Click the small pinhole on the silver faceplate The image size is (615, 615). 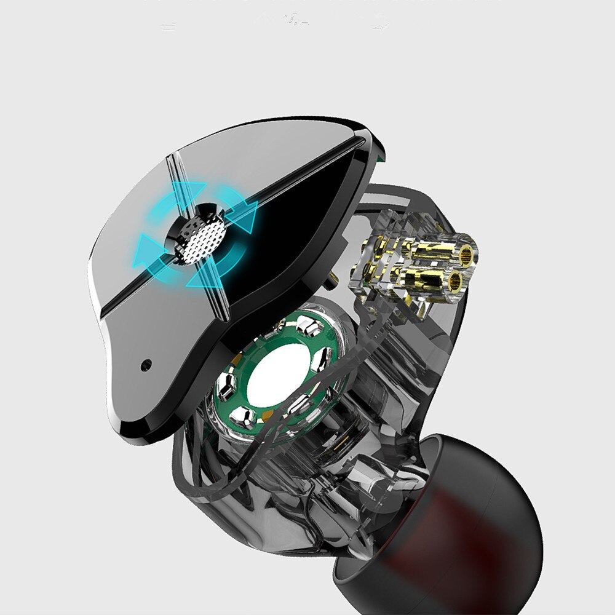point(145,364)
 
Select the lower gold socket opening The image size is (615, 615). point(454,282)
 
